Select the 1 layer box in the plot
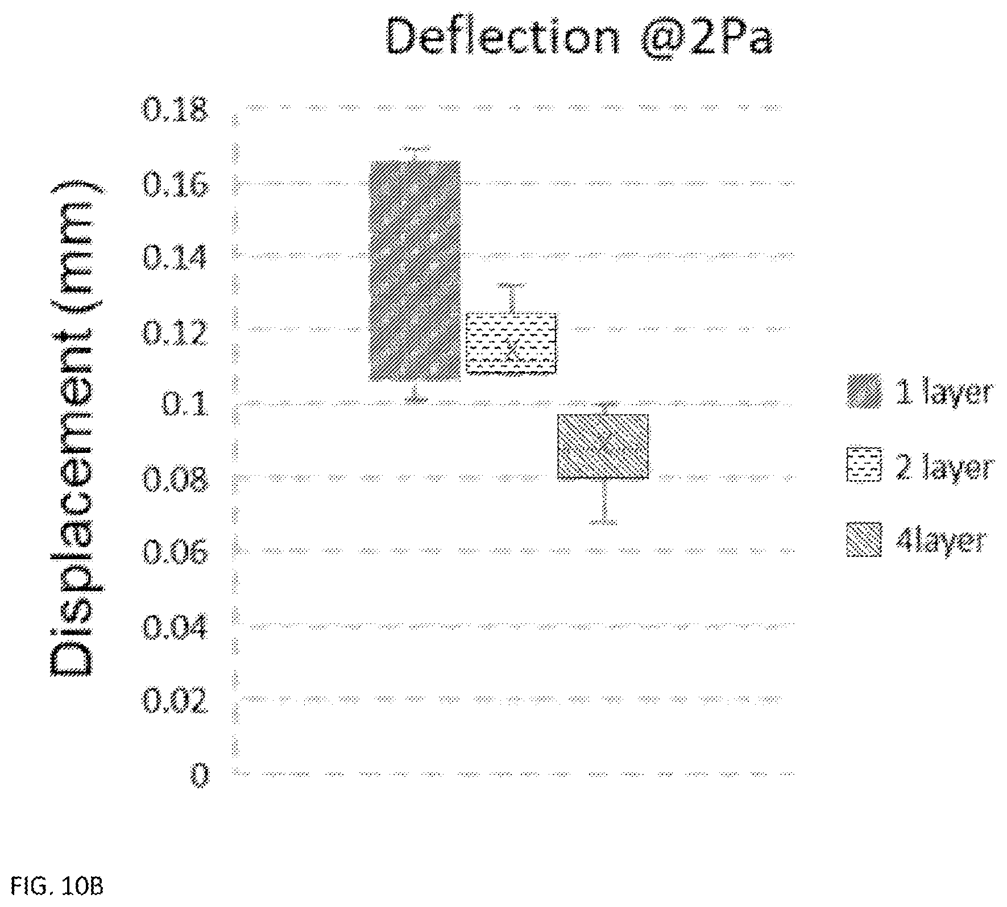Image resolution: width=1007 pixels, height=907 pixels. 415,271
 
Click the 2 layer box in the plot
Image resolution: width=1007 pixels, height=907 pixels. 511,343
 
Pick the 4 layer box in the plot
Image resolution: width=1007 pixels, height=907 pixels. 603,446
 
